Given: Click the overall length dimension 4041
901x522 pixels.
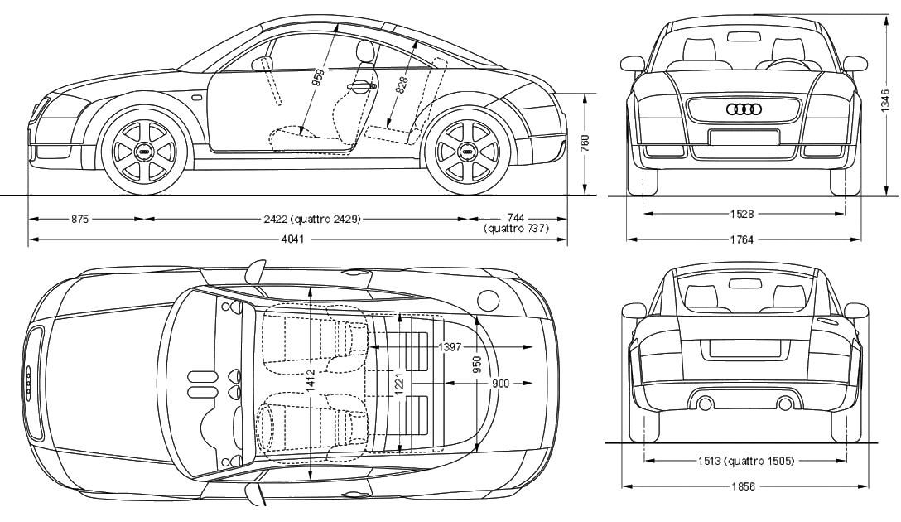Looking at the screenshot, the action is click(x=292, y=239).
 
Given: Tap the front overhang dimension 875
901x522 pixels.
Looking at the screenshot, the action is click(x=79, y=219).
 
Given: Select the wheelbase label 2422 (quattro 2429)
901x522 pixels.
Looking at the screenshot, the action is click(x=312, y=219).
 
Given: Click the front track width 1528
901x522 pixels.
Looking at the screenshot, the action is click(x=742, y=214).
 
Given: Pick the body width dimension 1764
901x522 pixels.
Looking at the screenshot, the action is click(x=742, y=239).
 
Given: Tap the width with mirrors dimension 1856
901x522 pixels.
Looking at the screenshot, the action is click(x=744, y=486).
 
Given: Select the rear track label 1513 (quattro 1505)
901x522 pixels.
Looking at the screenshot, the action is click(x=746, y=461).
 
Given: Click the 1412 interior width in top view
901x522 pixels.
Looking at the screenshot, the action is click(x=311, y=381).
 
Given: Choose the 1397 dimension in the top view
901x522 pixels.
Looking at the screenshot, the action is click(x=450, y=346).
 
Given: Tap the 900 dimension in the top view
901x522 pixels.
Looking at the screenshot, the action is click(x=500, y=384).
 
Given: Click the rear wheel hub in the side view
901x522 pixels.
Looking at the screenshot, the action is click(x=468, y=152).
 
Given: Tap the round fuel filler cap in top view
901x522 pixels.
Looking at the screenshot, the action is click(x=489, y=299).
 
